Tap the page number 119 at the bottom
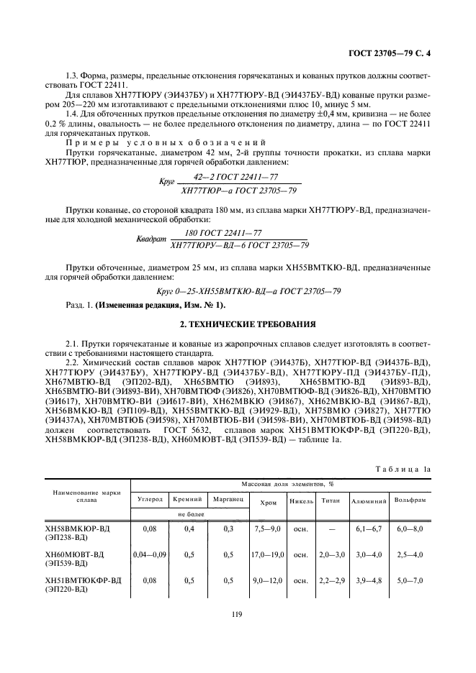pos(238,613)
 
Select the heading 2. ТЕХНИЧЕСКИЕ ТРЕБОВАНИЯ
pos(238,323)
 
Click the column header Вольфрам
pos(410,498)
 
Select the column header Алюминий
pos(369,499)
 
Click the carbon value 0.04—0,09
pos(150,554)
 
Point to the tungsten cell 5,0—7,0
pos(410,580)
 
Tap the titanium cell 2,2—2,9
pos(331,580)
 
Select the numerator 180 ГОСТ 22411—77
pos(223,233)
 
